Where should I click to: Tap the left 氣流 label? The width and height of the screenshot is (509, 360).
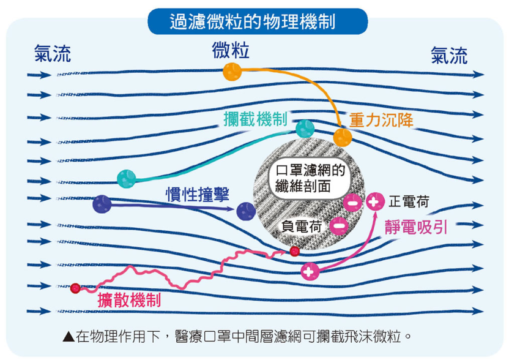pos(53,54)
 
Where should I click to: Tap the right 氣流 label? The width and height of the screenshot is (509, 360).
pos(449,55)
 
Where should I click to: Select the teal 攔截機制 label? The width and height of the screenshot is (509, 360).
pos(255,119)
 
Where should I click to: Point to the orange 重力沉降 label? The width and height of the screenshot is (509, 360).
pos(382,120)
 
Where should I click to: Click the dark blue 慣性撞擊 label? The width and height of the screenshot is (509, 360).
pos(198,195)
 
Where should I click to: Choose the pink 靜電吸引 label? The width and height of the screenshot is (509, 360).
pos(416,227)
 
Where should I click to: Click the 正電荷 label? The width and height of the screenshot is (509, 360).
pos(409,201)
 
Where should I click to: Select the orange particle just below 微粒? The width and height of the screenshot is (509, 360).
pos(232,72)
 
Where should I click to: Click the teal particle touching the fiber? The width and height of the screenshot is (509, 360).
pos(305,129)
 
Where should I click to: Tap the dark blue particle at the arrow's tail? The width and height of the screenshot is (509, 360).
pos(102,204)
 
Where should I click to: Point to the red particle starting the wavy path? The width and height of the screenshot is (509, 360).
pos(75,288)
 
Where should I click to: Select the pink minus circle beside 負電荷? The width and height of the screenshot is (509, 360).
pos(340,226)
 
